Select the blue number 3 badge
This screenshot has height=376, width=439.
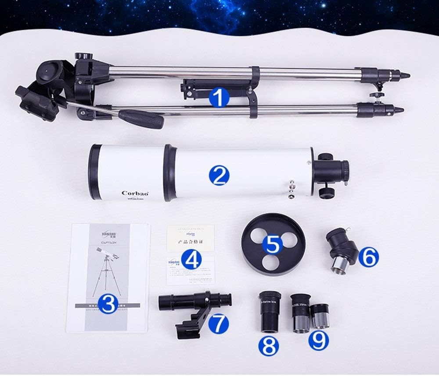pos(108,303)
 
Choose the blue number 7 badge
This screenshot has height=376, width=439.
pos(218,324)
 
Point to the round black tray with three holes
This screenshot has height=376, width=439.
pos(273,243)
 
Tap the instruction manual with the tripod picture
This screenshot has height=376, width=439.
pos(107,277)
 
